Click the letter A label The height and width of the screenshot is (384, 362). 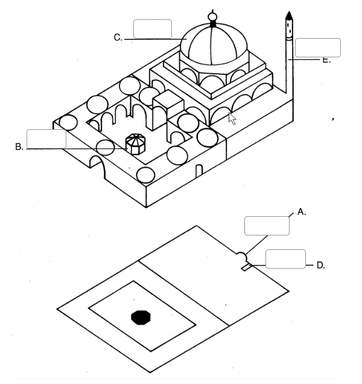point(302,212)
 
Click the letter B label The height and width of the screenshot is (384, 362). point(19,147)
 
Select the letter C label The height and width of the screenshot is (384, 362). point(118,37)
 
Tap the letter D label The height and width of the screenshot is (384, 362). point(320,265)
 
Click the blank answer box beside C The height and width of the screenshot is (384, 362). point(153,29)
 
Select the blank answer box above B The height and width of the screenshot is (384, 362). point(46,139)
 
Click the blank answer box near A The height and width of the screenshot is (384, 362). point(267,226)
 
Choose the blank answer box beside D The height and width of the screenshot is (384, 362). point(285,259)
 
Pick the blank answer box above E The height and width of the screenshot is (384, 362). point(318,48)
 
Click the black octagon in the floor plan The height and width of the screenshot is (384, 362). point(141,318)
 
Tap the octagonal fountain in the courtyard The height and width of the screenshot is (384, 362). point(135,144)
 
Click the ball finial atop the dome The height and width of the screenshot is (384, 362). point(212,17)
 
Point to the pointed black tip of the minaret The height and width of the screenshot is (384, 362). point(289,15)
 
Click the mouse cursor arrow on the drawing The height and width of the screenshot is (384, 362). point(232,119)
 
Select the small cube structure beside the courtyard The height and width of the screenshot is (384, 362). point(168,109)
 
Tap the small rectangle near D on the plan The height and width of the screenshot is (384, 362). point(247,267)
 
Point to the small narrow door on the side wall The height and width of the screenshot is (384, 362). point(199,171)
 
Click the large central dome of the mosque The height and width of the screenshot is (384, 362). point(214,44)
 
